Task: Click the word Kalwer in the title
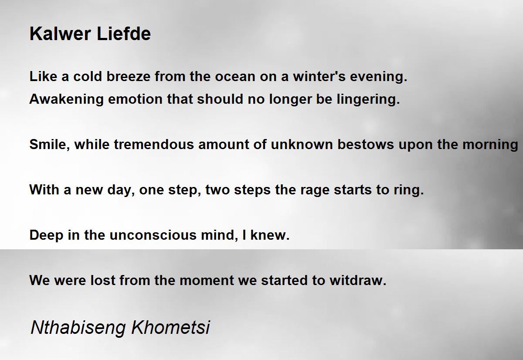(60, 34)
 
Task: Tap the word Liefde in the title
(124, 34)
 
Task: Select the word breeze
(129, 76)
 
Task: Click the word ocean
(235, 76)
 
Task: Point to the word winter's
(319, 76)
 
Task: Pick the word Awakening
(67, 99)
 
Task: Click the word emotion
(135, 99)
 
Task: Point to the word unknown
(302, 144)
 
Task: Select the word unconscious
(153, 235)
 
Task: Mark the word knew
(270, 235)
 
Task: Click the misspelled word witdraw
(358, 280)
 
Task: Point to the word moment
(207, 280)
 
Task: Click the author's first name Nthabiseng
(78, 328)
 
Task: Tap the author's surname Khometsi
(171, 327)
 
